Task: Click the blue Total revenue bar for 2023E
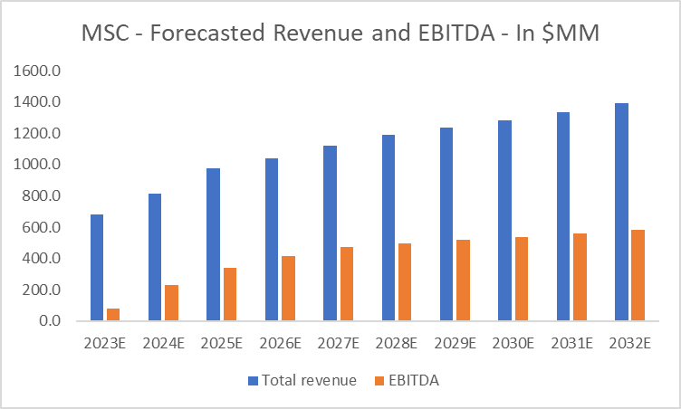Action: pyautogui.click(x=97, y=268)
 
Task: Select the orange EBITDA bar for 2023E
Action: pyautogui.click(x=112, y=315)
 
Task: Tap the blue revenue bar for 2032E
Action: pyautogui.click(x=621, y=212)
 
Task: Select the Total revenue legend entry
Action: pyautogui.click(x=304, y=381)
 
